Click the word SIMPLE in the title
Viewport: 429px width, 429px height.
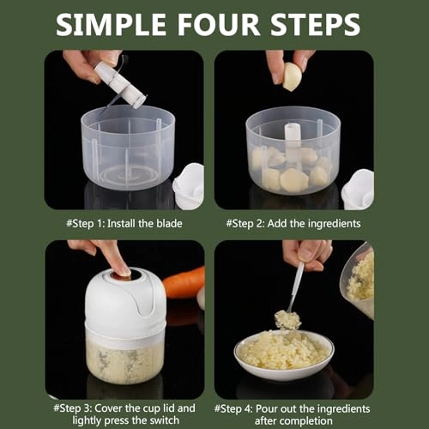pos(111,25)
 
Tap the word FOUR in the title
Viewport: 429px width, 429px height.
pos(219,25)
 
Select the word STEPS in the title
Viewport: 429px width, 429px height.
pos(315,25)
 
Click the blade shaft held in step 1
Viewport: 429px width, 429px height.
pos(120,85)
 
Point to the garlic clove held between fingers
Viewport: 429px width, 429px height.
pos(292,76)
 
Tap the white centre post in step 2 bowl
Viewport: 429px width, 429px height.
pos(292,141)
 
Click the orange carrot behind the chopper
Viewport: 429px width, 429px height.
pos(184,282)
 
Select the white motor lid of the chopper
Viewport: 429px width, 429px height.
pos(125,303)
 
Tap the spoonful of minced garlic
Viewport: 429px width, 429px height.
pos(287,320)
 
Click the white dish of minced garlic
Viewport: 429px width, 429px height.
pos(284,354)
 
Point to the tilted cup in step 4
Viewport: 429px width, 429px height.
pos(358,281)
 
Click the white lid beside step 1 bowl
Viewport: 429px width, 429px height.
pos(189,186)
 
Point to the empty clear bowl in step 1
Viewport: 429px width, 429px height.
pos(128,148)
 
